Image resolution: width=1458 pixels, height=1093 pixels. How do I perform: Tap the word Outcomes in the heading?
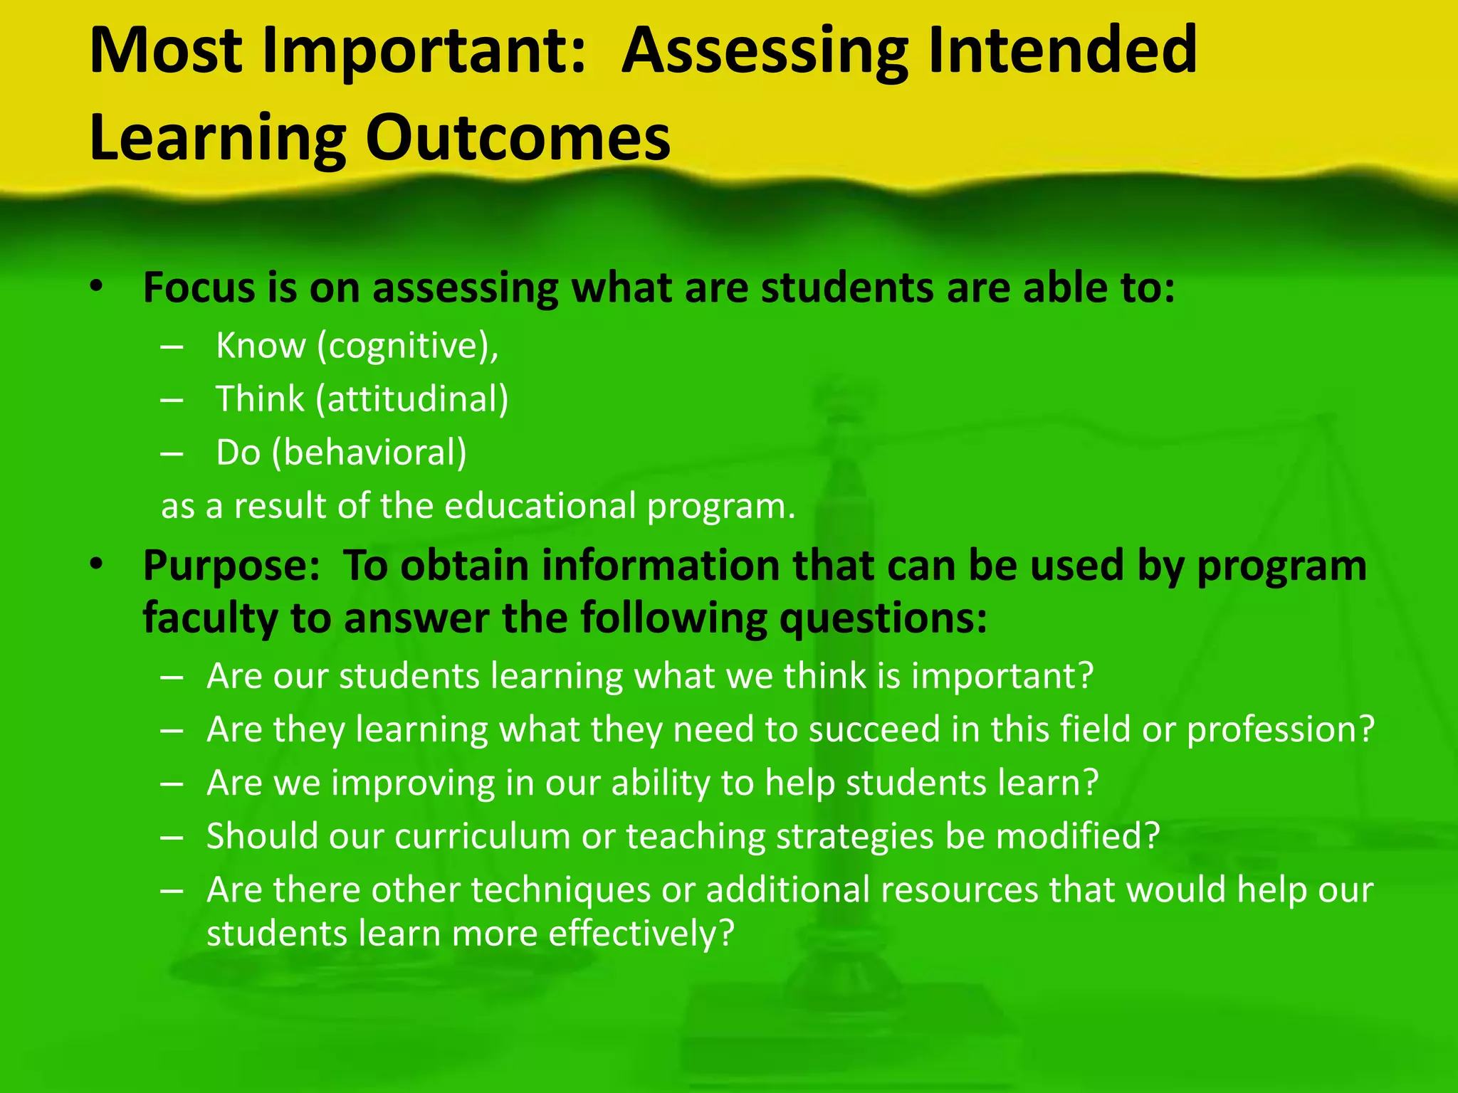coord(518,137)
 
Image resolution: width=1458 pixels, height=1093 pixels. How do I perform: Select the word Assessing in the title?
coord(764,51)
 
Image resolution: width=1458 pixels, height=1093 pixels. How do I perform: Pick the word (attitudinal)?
coord(412,398)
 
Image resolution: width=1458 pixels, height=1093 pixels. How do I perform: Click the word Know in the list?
coord(260,346)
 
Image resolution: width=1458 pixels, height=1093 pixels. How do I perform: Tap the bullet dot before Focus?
coord(97,287)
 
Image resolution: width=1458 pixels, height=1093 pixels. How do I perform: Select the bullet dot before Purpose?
coord(97,564)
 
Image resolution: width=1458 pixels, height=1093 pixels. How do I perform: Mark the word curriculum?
coord(482,836)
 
